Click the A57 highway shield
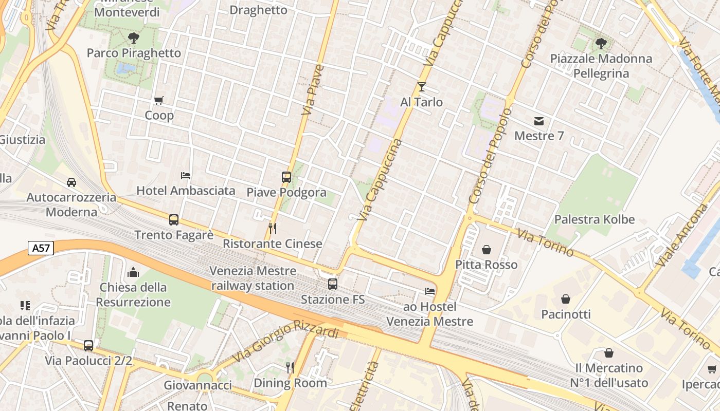(x=41, y=249)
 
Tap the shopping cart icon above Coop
(x=159, y=101)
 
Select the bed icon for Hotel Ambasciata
(x=186, y=176)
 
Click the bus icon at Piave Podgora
(x=286, y=177)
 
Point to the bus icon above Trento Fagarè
(x=174, y=220)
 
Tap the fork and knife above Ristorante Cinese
(x=273, y=228)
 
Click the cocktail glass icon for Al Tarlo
(x=422, y=87)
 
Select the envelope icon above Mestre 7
(x=539, y=121)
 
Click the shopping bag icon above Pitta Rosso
(x=486, y=250)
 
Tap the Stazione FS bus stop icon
(x=333, y=284)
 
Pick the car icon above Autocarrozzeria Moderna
(x=71, y=182)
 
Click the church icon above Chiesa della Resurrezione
(x=133, y=272)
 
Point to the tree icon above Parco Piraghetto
(x=134, y=38)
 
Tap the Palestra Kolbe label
(x=594, y=219)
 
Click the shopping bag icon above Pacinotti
(x=566, y=298)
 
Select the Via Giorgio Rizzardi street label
(x=285, y=341)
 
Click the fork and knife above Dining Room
(x=290, y=367)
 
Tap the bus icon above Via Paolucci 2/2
(x=88, y=345)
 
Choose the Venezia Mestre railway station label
(x=253, y=278)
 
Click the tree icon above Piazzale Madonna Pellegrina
(x=601, y=43)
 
